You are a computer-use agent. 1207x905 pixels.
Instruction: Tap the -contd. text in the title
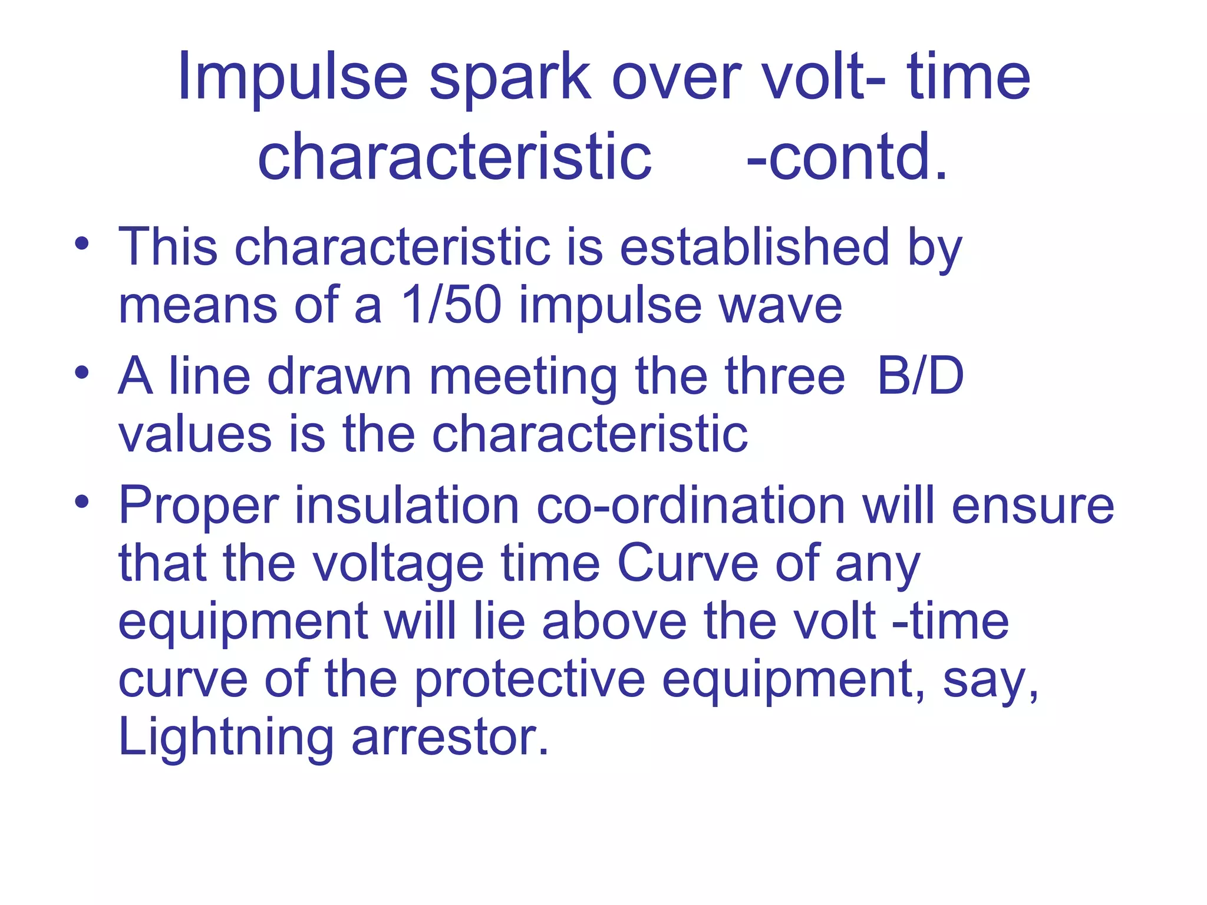click(x=847, y=157)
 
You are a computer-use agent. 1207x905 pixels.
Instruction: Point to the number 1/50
click(x=450, y=305)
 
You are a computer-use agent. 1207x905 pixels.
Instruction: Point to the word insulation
click(x=407, y=506)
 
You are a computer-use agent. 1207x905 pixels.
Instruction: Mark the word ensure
click(x=1033, y=506)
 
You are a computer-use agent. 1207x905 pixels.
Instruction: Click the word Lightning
click(x=226, y=738)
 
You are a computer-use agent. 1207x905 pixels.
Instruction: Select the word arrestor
click(x=450, y=738)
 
